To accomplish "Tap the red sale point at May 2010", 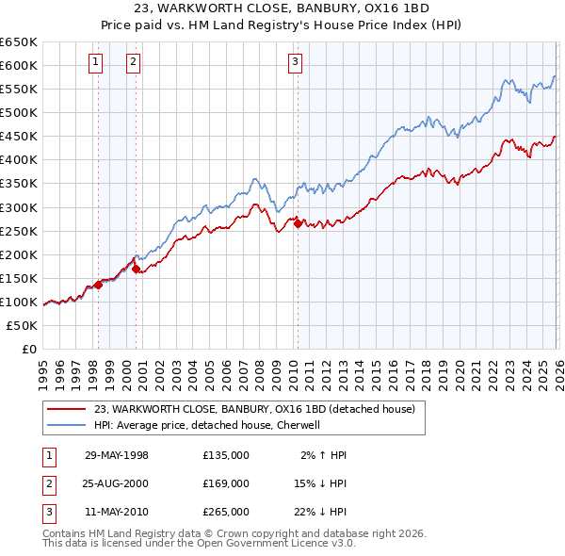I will coord(298,223).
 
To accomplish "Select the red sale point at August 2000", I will coord(136,269).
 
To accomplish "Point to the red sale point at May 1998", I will coord(98,285).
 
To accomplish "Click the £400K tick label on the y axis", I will coord(18,159).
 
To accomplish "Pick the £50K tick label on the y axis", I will coord(22,325).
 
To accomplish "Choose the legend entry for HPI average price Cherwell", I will coord(207,425).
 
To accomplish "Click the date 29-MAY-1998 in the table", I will coord(117,455).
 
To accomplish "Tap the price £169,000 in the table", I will coord(225,483).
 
